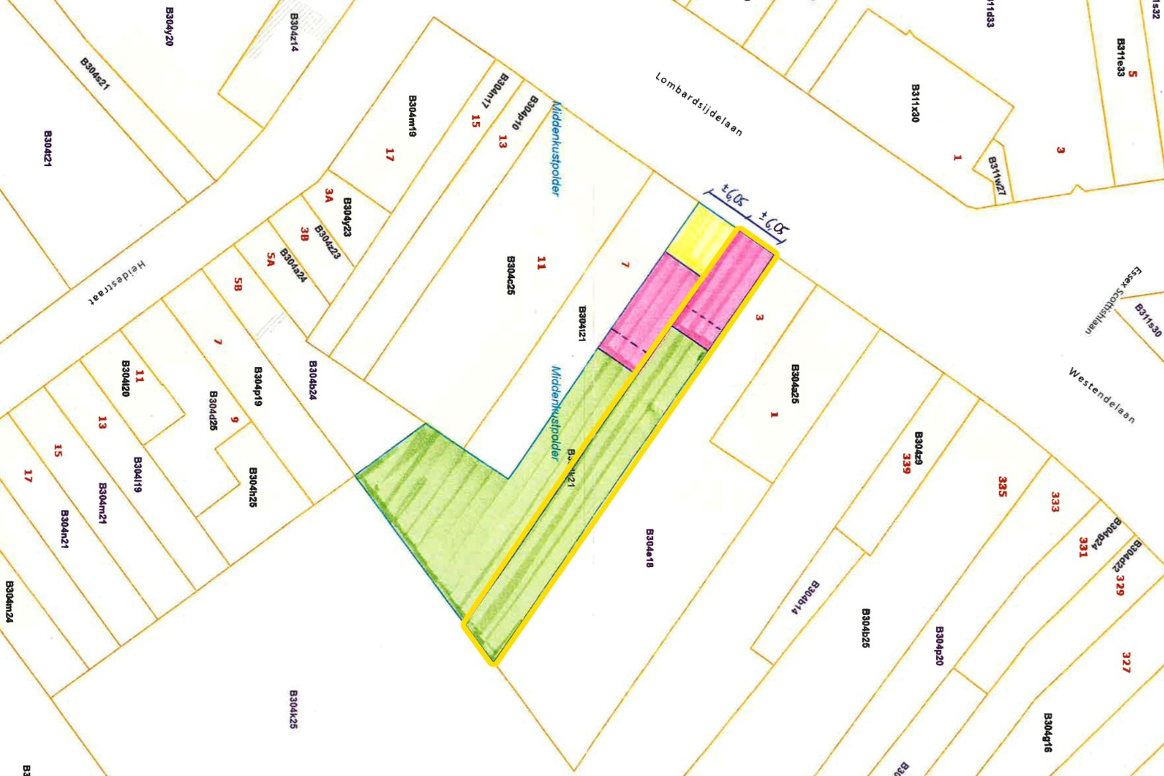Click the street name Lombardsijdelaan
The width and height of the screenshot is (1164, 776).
[x=698, y=104]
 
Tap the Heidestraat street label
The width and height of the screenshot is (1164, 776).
[x=117, y=283]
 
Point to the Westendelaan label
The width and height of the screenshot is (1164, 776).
[x=1101, y=395]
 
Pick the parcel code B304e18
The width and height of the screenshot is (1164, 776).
[x=650, y=548]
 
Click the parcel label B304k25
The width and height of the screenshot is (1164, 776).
[x=293, y=709]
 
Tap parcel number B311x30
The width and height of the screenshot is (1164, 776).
[x=915, y=103]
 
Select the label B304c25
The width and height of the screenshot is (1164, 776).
[x=511, y=275]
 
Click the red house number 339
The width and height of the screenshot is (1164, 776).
[x=907, y=463]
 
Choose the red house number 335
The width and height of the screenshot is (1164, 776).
[x=1002, y=486]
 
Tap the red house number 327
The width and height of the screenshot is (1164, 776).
[x=1126, y=662]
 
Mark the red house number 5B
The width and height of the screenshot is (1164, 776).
[x=238, y=284]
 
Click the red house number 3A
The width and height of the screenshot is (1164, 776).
[x=329, y=195]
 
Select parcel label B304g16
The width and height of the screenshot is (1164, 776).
[x=1048, y=732]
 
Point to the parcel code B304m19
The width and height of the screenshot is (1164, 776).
[x=412, y=116]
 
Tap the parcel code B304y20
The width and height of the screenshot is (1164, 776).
[x=170, y=27]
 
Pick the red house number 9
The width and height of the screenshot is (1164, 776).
[x=234, y=419]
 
